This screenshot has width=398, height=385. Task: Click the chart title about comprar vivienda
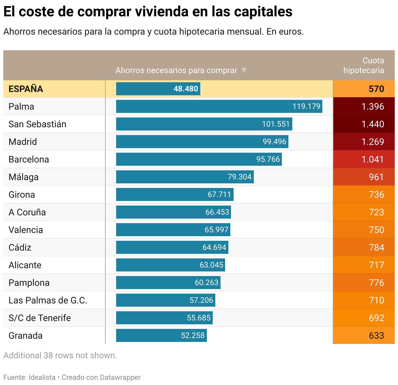pyautogui.click(x=148, y=12)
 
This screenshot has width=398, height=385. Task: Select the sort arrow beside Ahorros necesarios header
pyautogui.click(x=244, y=70)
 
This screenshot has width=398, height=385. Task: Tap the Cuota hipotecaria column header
pyautogui.click(x=363, y=65)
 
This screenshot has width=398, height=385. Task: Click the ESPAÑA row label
pyautogui.click(x=26, y=89)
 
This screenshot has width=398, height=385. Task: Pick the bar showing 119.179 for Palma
pyautogui.click(x=219, y=106)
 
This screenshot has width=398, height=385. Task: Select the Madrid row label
pyautogui.click(x=23, y=142)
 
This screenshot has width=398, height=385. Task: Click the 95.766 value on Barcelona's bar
pyautogui.click(x=268, y=159)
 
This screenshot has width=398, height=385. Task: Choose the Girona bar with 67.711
pyautogui.click(x=175, y=194)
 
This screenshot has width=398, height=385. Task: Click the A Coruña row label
pyautogui.click(x=27, y=212)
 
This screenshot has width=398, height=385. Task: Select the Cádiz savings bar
pyautogui.click(x=172, y=247)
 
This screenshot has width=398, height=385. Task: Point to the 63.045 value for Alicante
pyautogui.click(x=211, y=265)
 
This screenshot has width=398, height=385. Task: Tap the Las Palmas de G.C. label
pyautogui.click(x=48, y=300)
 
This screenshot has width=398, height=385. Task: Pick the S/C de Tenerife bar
pyautogui.click(x=164, y=318)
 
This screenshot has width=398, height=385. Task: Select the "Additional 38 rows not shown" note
pyautogui.click(x=60, y=355)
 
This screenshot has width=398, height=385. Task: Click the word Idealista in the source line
pyautogui.click(x=42, y=377)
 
